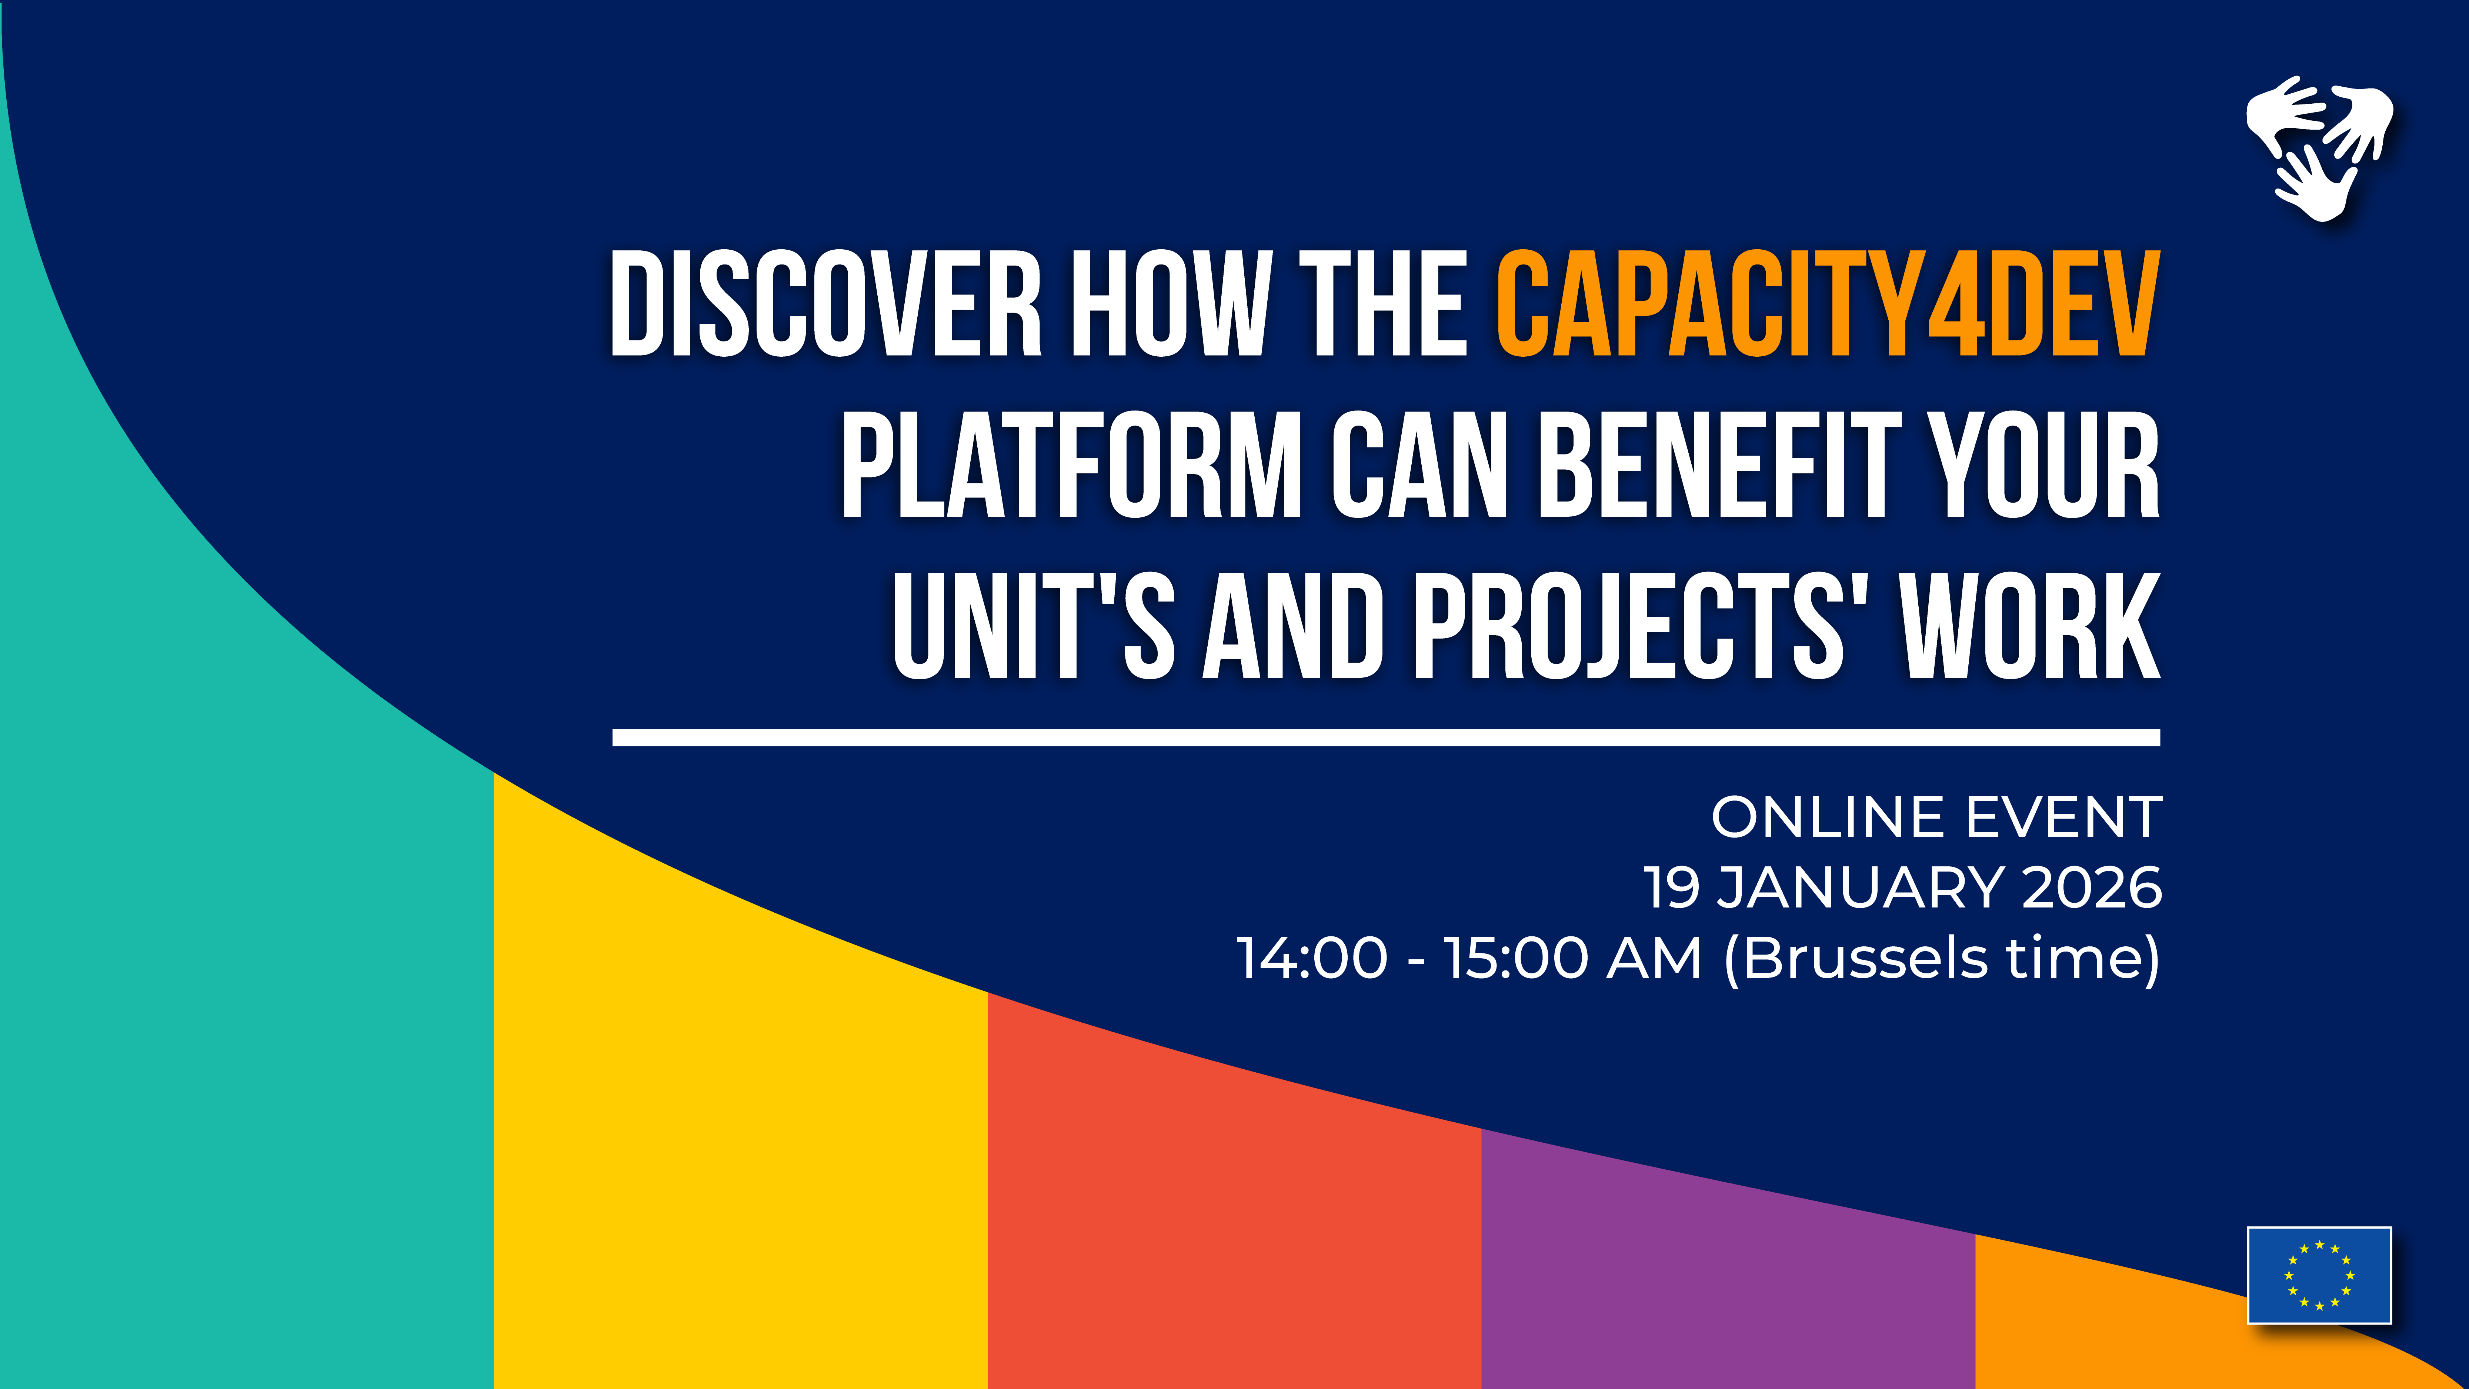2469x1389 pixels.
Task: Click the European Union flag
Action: (2319, 1275)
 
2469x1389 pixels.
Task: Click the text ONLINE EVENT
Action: (1936, 818)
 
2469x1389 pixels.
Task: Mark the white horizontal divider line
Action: (1386, 737)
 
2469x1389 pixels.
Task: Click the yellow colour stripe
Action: (738, 1150)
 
